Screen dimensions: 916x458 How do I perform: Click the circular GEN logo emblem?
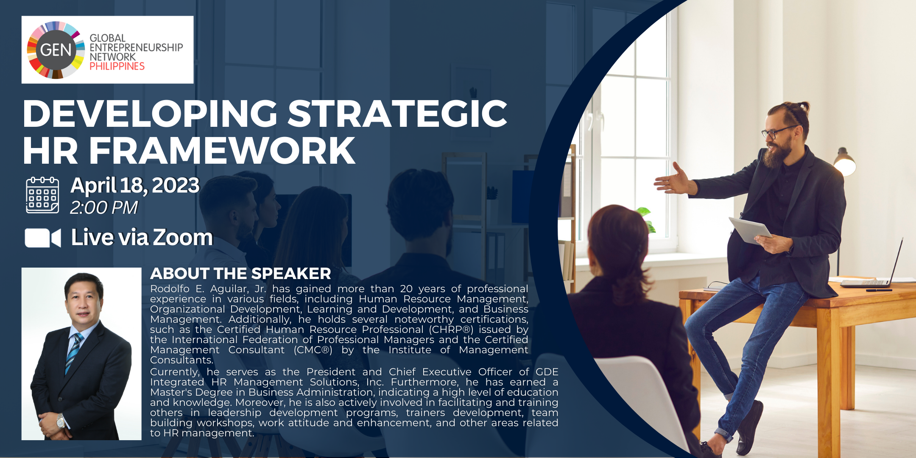56,50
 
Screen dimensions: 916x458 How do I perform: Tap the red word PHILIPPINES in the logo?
117,66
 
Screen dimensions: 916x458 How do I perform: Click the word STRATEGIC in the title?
398,113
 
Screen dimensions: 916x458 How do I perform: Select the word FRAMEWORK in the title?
222,150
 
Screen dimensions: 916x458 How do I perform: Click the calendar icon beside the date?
42,195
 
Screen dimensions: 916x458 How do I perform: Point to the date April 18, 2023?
135,185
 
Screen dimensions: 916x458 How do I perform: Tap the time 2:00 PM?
104,208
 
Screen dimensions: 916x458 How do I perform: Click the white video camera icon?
43,238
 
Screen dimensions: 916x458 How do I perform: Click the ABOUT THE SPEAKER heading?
240,274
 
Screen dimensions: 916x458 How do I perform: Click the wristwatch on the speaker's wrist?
61,421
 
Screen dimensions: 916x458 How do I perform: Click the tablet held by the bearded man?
750,230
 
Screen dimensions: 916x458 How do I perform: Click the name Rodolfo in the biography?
170,289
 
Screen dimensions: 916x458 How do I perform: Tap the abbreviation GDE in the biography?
547,372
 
